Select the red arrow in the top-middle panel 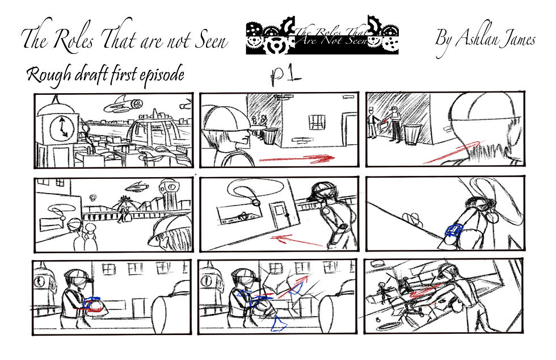click(297, 158)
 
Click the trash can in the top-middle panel click(270, 136)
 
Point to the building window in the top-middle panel click(317, 122)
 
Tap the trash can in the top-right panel click(412, 135)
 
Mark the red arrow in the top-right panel click(452, 152)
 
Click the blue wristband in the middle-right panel click(454, 231)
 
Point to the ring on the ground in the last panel click(389, 326)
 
